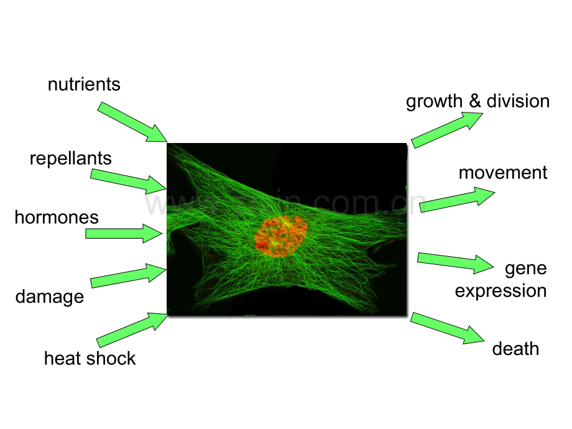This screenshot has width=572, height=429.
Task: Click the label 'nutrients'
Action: (84, 84)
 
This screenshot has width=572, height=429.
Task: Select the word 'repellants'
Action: (71, 158)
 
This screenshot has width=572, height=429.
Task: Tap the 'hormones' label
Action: (57, 217)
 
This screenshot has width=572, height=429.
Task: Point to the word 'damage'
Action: (50, 297)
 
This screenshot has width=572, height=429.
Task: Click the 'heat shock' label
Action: (90, 358)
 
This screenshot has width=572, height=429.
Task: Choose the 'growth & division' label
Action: (477, 101)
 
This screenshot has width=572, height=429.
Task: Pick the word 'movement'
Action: (503, 172)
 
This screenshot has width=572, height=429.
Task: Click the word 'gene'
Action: (525, 268)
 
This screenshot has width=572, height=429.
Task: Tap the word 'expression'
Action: (500, 290)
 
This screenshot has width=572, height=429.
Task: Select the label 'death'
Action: (515, 348)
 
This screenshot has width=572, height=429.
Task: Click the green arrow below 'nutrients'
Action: (132, 121)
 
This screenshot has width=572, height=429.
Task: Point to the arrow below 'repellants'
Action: (128, 180)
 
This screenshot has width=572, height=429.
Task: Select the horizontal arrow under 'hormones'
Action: (123, 233)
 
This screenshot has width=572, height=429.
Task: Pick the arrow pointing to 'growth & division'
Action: (446, 129)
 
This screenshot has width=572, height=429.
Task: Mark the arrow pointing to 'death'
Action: (446, 328)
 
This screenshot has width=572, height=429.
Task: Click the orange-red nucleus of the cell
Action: (281, 236)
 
